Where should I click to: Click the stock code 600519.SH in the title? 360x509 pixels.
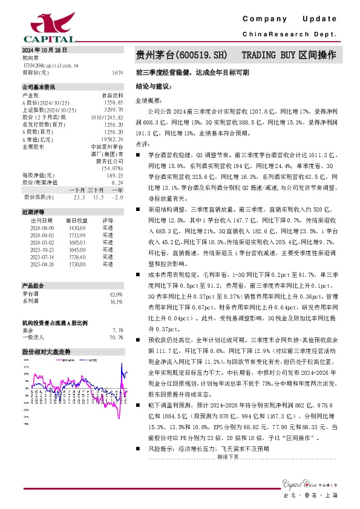click(x=200, y=56)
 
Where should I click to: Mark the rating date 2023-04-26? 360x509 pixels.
click(x=41, y=264)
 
